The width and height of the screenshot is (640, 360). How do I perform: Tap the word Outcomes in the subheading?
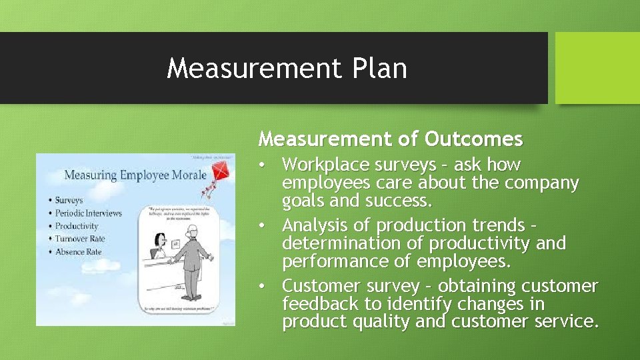[x=473, y=139]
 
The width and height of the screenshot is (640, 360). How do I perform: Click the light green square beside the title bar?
[x=597, y=68]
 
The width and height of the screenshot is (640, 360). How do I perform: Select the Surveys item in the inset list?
[x=69, y=200]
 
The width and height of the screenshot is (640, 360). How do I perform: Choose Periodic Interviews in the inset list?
[x=88, y=213]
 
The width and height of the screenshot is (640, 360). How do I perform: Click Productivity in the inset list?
[x=76, y=226]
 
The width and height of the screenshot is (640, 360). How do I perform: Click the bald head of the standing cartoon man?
[x=193, y=231]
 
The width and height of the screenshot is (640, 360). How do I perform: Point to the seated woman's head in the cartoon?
[x=160, y=239]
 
